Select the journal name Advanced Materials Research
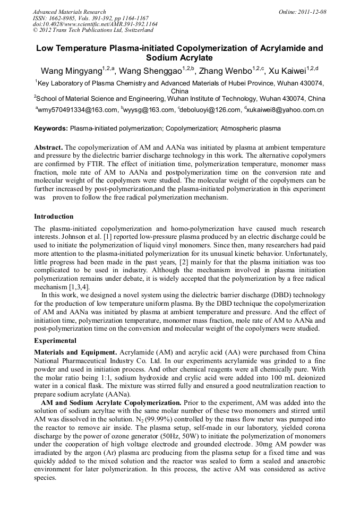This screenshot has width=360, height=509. [69, 12]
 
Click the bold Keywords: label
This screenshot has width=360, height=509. [51, 128]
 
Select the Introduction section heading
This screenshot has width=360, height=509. [54, 217]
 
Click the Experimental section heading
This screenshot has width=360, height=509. [55, 340]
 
